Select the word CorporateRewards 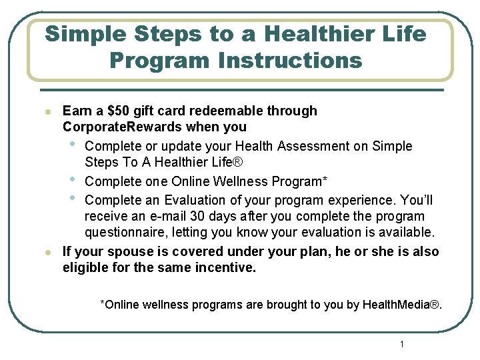(123, 127)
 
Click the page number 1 (402, 344)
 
